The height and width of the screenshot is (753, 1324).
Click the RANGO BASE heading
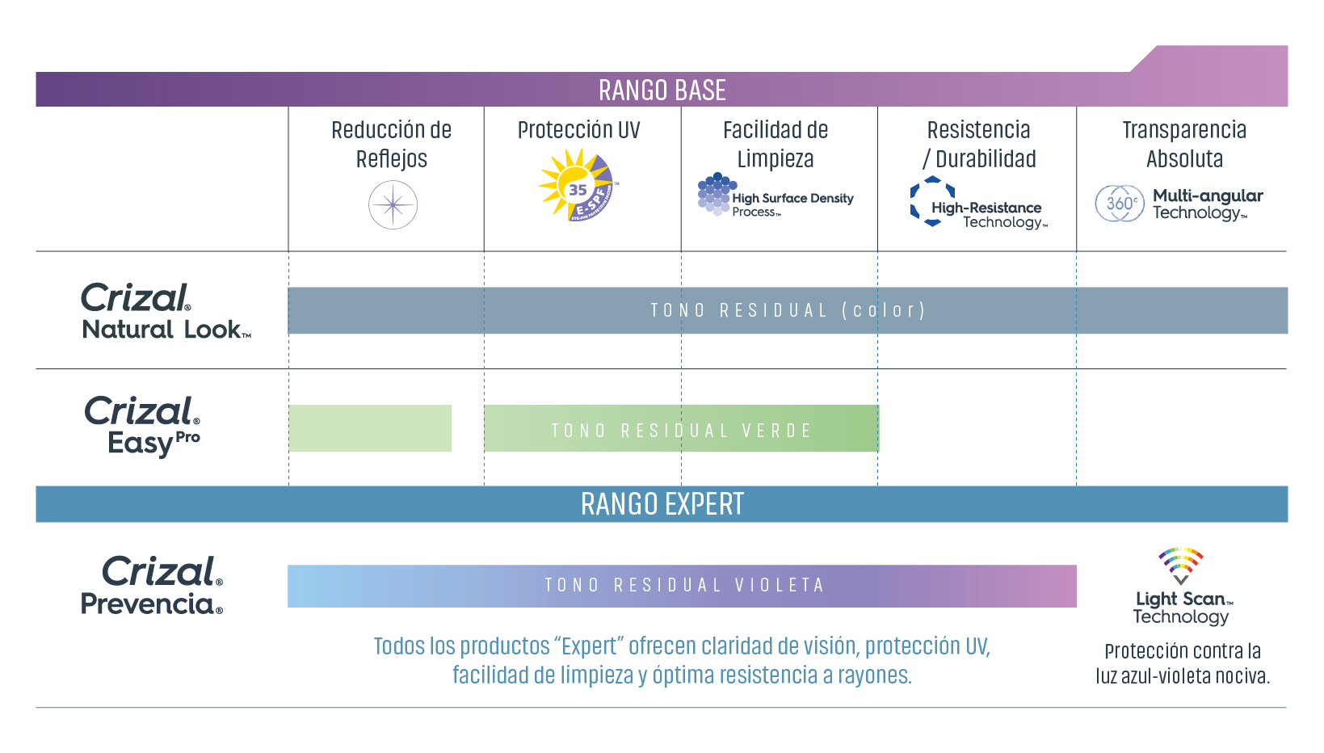[x=662, y=90]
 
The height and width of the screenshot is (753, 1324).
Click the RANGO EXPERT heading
[x=662, y=504]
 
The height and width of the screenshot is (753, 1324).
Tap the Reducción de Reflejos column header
[x=391, y=144]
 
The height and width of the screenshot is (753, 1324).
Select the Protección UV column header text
[x=578, y=130]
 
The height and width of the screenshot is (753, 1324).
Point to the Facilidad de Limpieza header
[x=775, y=144]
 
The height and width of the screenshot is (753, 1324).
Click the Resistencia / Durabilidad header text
[x=979, y=144]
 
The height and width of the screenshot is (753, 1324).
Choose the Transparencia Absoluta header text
[x=1184, y=144]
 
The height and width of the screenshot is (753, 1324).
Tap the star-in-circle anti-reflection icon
[x=393, y=205]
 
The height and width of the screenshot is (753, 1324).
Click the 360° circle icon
[x=1120, y=204]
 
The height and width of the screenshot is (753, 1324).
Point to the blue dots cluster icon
[x=717, y=194]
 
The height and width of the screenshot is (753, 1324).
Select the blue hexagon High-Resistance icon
[x=932, y=201]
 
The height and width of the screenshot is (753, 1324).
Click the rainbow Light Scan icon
[x=1180, y=566]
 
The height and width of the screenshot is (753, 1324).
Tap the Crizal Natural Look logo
[x=166, y=311]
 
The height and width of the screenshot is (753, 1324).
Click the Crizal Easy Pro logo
[x=142, y=426]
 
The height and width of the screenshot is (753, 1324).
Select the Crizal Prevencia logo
[x=152, y=585]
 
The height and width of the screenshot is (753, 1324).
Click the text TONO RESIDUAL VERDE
[x=681, y=431]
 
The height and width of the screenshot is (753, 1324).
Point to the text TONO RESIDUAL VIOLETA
[x=684, y=585]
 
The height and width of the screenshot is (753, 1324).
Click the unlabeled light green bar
[x=370, y=428]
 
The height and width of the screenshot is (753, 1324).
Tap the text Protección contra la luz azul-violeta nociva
[x=1183, y=663]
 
